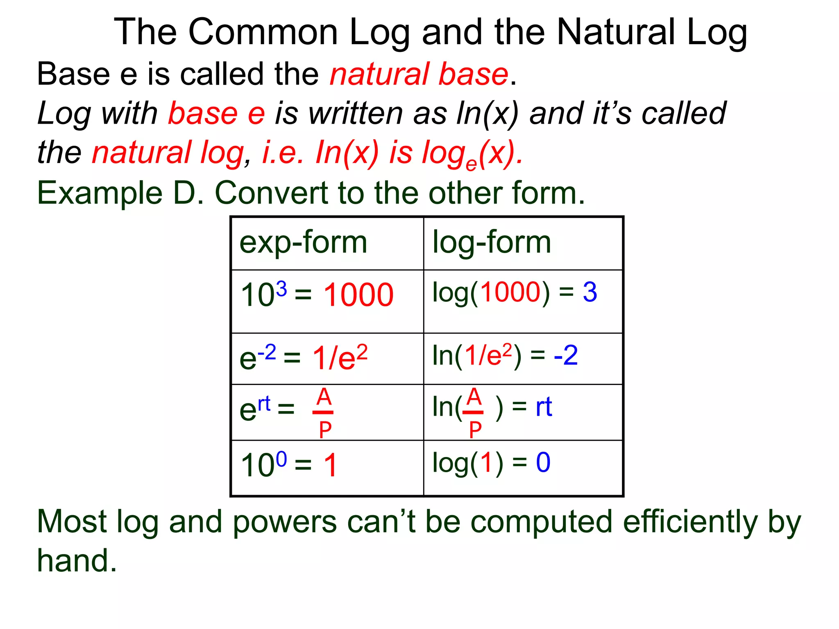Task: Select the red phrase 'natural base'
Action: (x=419, y=74)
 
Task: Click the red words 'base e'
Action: (x=216, y=113)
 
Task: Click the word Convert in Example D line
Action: (x=270, y=193)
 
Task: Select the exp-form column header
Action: (x=303, y=243)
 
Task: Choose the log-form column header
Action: (x=492, y=243)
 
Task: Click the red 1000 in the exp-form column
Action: (x=358, y=295)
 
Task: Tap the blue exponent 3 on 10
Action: (x=281, y=289)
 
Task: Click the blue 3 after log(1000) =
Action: (x=590, y=292)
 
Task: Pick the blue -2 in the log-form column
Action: (x=566, y=355)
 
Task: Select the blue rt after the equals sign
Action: (x=544, y=407)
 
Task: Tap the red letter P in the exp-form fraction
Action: (x=325, y=430)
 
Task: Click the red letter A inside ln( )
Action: (x=474, y=396)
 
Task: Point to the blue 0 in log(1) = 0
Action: (x=543, y=463)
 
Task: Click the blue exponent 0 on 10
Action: (x=281, y=459)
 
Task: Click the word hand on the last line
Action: (x=77, y=561)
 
